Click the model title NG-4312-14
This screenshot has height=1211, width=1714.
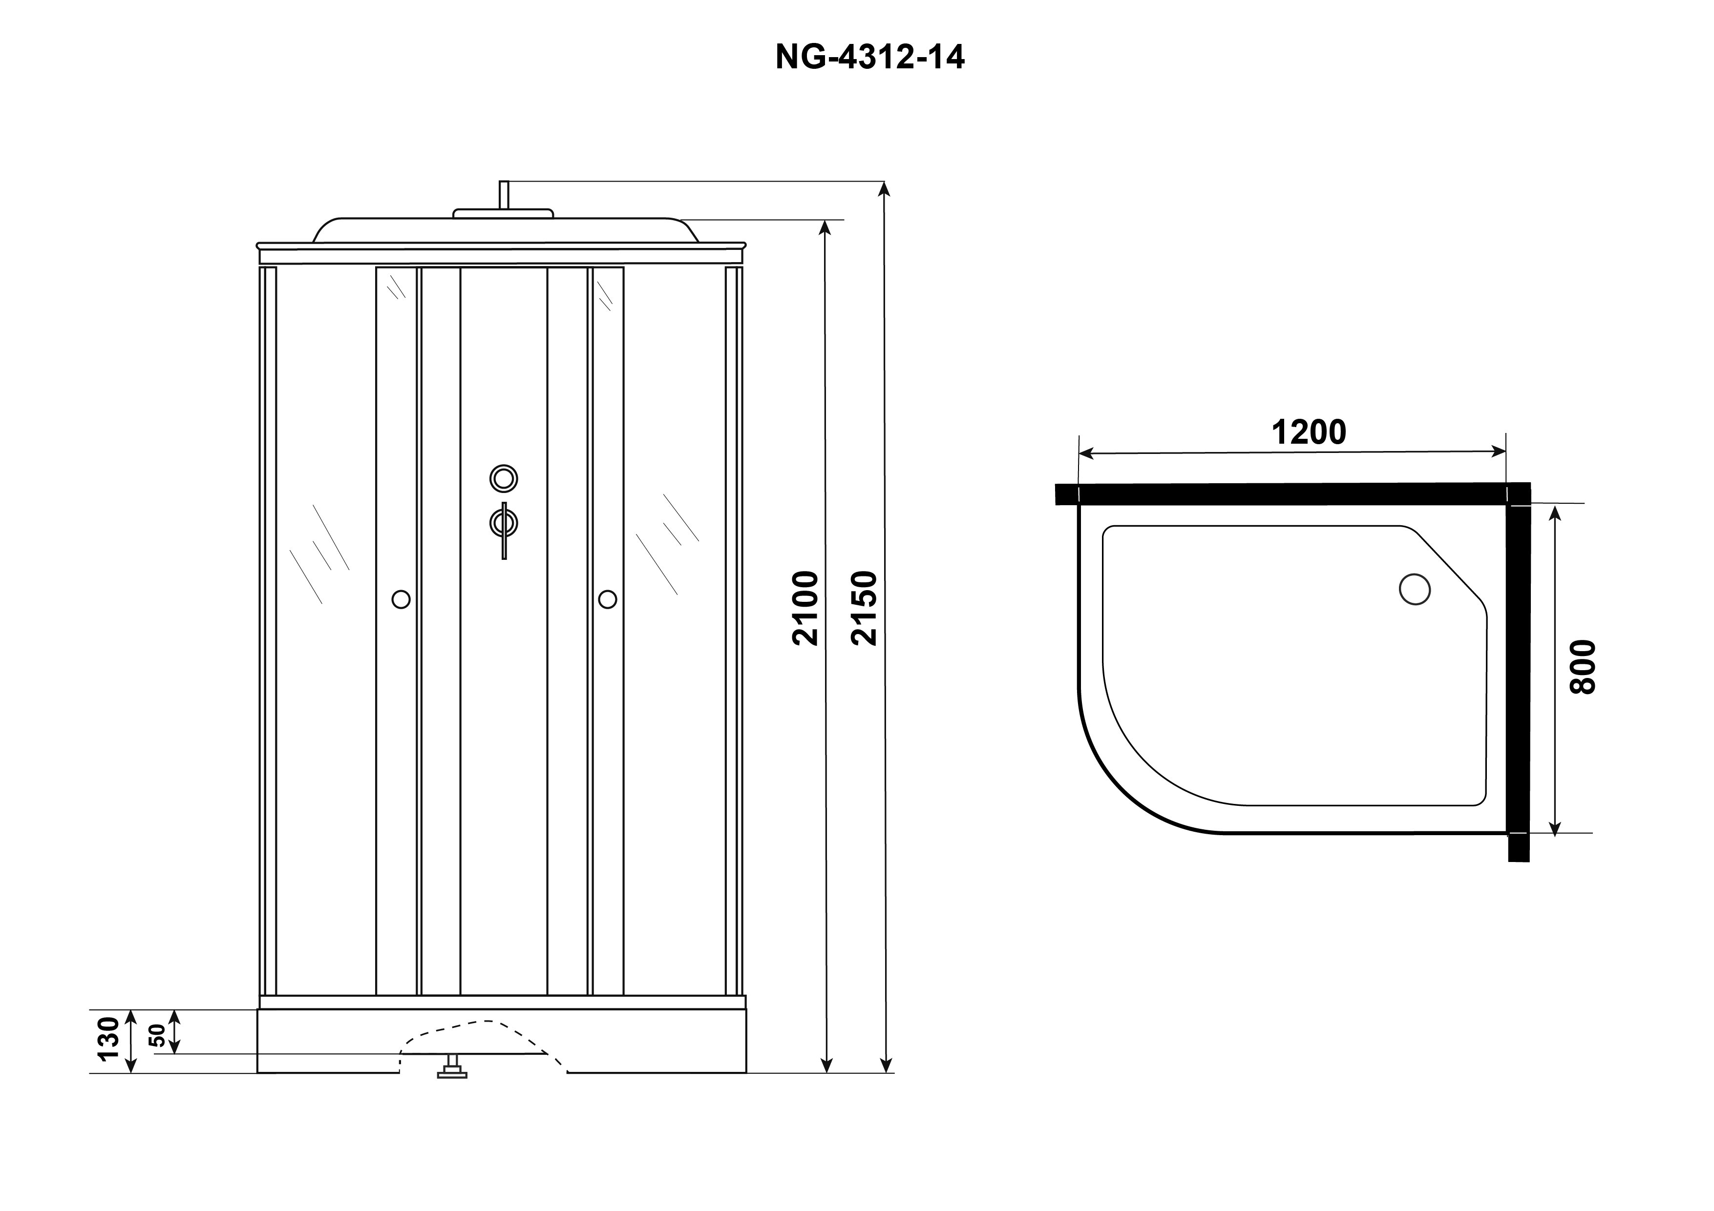869,57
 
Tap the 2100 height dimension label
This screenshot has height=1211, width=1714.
806,608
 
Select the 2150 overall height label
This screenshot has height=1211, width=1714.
865,608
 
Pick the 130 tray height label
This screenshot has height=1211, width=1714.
109,1039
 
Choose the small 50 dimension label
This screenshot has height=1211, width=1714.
157,1036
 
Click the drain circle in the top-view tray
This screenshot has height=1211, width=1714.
1415,589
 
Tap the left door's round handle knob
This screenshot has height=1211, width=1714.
401,599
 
